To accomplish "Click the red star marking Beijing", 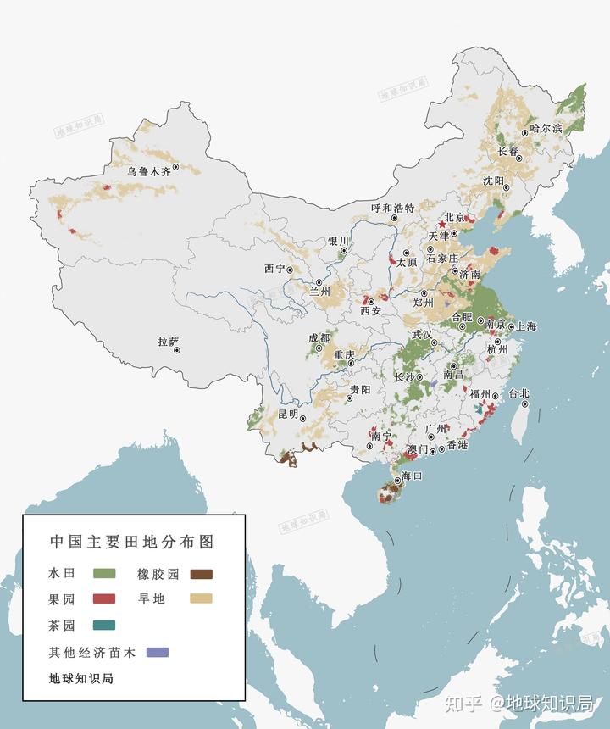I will click(x=441, y=225).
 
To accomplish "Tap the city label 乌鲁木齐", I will click(x=149, y=171).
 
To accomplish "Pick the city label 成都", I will click(x=319, y=337).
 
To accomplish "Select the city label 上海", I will click(x=525, y=326).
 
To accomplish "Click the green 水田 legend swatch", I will click(x=103, y=574).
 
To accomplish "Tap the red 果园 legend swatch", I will click(x=103, y=599).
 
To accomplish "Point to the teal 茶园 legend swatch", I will click(x=103, y=625).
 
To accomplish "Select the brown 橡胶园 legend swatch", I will click(x=201, y=574).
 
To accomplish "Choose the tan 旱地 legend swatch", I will click(x=201, y=599).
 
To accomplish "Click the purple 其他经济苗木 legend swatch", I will click(x=158, y=652).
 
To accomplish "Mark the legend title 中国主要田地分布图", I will click(x=130, y=541).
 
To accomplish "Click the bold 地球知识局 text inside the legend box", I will click(x=81, y=678).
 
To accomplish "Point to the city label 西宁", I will click(x=274, y=269).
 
